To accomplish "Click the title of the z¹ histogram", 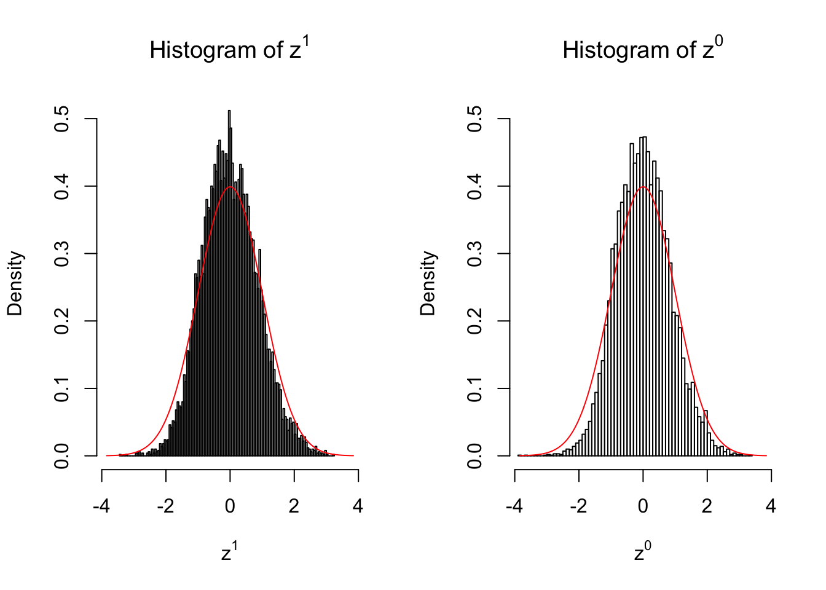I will (229, 50).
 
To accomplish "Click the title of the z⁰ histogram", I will (642, 50).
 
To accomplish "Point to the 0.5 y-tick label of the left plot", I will (61, 119).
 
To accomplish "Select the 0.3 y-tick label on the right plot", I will (474, 253).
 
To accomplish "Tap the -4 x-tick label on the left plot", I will (101, 506).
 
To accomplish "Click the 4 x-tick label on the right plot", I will (771, 506).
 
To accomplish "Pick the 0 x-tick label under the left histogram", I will (230, 506).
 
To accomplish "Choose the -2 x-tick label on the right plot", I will (578, 506).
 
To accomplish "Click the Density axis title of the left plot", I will (15, 283).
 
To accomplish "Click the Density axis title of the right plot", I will (428, 283).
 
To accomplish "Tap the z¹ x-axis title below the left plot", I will (229, 553).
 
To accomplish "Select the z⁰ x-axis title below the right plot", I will (642, 553).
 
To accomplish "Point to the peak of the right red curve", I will (643, 187).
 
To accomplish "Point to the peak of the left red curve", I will (230, 187).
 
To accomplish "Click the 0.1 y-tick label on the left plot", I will (61, 388).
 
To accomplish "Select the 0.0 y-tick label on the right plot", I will (474, 455).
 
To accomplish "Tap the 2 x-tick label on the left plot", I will (294, 506).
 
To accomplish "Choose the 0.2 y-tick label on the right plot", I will (474, 321).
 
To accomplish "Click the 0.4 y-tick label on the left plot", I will (61, 186).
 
